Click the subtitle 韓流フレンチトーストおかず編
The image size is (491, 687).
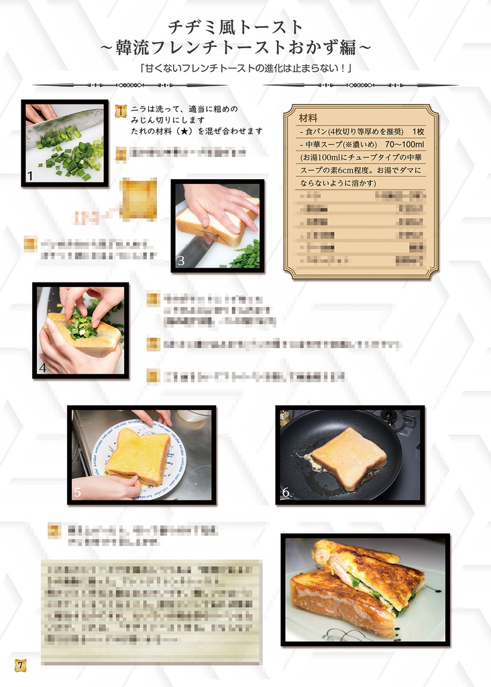[235, 48]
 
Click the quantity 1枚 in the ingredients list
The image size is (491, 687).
[419, 131]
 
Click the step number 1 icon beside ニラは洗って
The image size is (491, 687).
[121, 111]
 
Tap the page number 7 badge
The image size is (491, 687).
[21, 665]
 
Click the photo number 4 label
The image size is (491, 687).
[43, 367]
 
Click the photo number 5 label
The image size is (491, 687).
[77, 493]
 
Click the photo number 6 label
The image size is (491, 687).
[286, 493]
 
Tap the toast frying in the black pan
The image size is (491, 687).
[348, 458]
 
